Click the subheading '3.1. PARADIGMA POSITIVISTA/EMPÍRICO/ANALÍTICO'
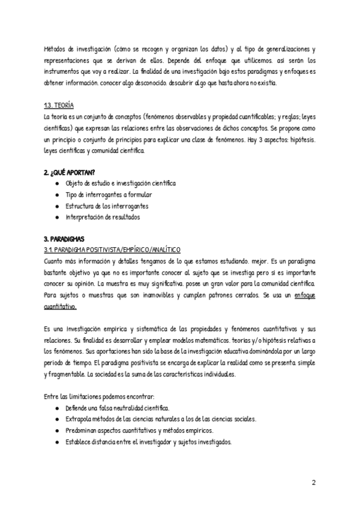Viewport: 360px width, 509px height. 112,249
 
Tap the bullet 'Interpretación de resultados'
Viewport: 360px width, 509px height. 103,217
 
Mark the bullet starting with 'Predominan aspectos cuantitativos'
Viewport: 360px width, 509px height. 143,430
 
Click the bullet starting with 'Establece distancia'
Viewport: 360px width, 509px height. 148,442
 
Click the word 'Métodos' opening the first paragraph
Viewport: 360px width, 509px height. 56,50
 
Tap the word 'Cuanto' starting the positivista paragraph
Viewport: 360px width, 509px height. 56,261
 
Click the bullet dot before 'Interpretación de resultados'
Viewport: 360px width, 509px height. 56,217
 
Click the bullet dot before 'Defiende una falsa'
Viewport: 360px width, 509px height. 56,408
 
